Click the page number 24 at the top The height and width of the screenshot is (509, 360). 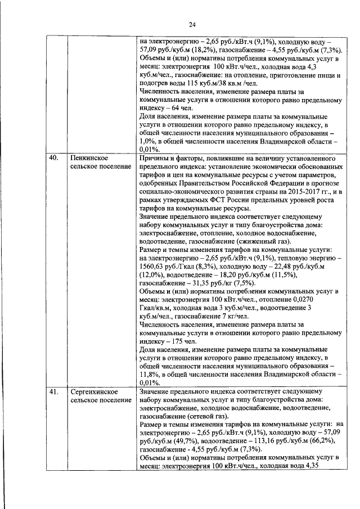coord(192,24)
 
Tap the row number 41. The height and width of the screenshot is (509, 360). coord(53,391)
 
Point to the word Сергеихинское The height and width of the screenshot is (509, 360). coord(94,391)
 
